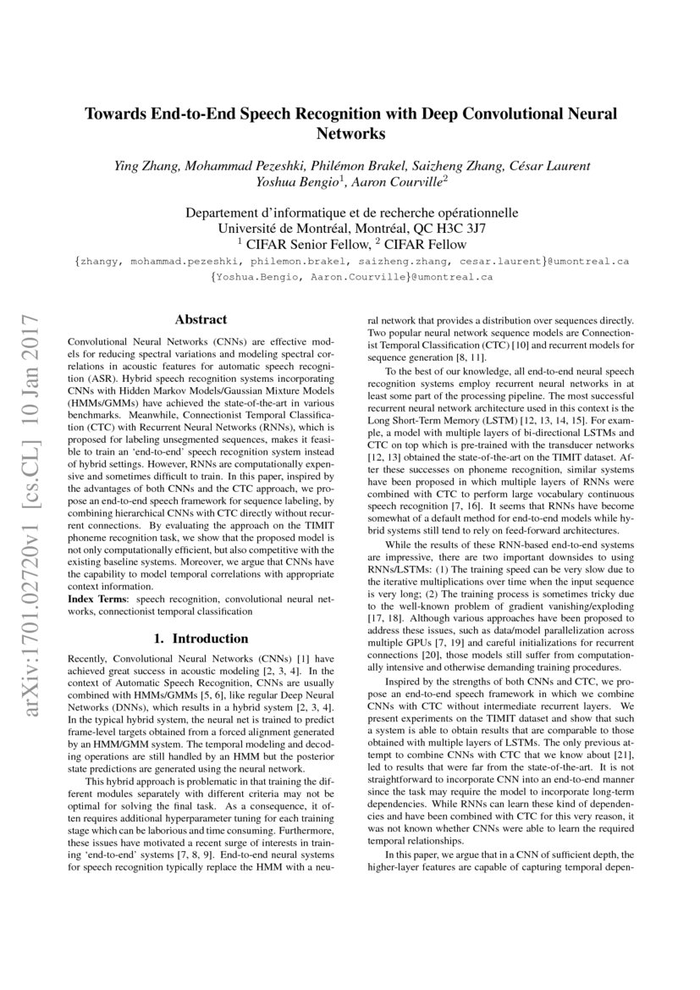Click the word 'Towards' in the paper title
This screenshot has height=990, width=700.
pos(114,114)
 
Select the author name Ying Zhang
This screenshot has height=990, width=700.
pos(145,165)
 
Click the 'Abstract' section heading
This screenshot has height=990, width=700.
pos(201,319)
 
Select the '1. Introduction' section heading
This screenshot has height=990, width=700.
pos(201,639)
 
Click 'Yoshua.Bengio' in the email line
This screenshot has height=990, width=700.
pos(251,277)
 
